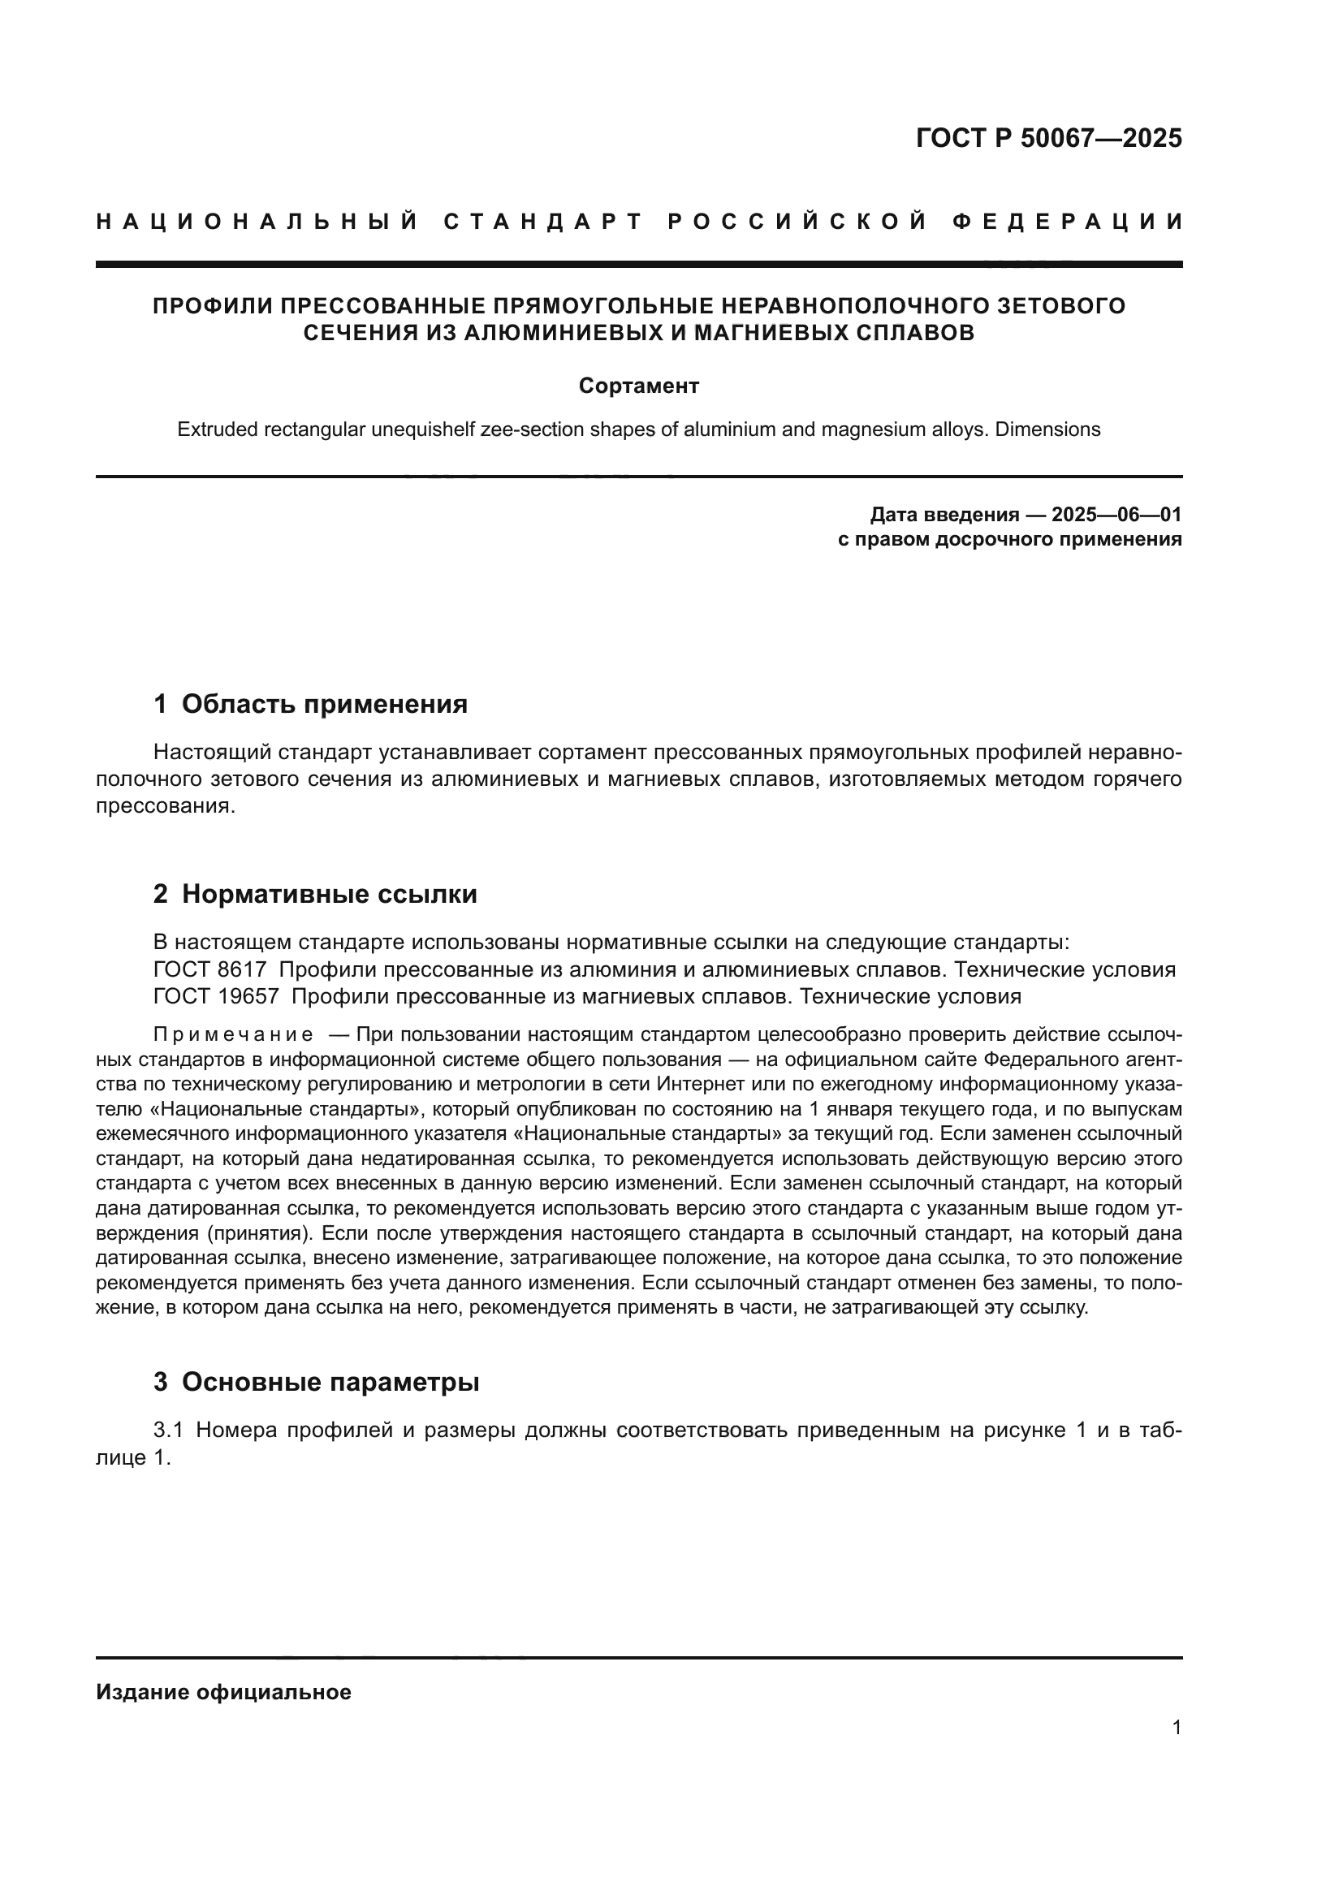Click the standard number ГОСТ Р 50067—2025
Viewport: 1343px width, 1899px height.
[1048, 138]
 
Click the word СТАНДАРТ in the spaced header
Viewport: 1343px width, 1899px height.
[542, 222]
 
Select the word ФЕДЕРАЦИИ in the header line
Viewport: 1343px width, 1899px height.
[1068, 222]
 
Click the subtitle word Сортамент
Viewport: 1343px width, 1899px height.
[638, 386]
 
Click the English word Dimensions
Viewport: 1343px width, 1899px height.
[1047, 430]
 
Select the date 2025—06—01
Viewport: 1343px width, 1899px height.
[1116, 515]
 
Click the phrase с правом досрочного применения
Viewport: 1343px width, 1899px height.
[1010, 539]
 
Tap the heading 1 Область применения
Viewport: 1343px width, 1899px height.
[310, 704]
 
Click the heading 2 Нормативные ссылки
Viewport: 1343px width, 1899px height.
[315, 894]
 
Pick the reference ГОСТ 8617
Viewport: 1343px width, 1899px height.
[210, 969]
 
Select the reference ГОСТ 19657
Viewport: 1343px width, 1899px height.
[216, 997]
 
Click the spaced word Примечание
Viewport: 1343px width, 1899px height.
[233, 1035]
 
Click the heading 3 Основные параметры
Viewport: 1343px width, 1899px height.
[316, 1382]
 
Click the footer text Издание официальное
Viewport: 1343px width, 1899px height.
[223, 1692]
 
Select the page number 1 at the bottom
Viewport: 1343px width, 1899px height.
[1176, 1728]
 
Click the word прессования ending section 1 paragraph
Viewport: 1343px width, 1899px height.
[164, 806]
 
